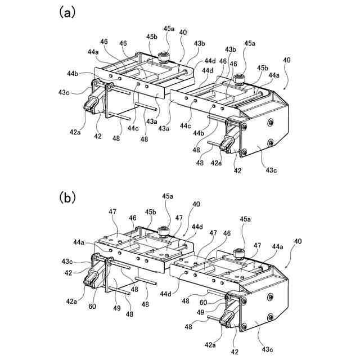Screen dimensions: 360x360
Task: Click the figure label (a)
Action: pos(67,12)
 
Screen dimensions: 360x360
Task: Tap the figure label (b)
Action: pos(67,197)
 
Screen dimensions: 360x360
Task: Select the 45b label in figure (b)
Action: pos(150,212)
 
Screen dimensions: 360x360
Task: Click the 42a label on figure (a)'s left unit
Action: pos(75,132)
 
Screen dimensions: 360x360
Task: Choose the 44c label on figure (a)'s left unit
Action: pos(132,128)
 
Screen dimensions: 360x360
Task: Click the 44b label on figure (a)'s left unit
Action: pos(73,73)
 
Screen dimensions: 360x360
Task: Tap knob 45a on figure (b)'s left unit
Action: pos(164,230)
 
